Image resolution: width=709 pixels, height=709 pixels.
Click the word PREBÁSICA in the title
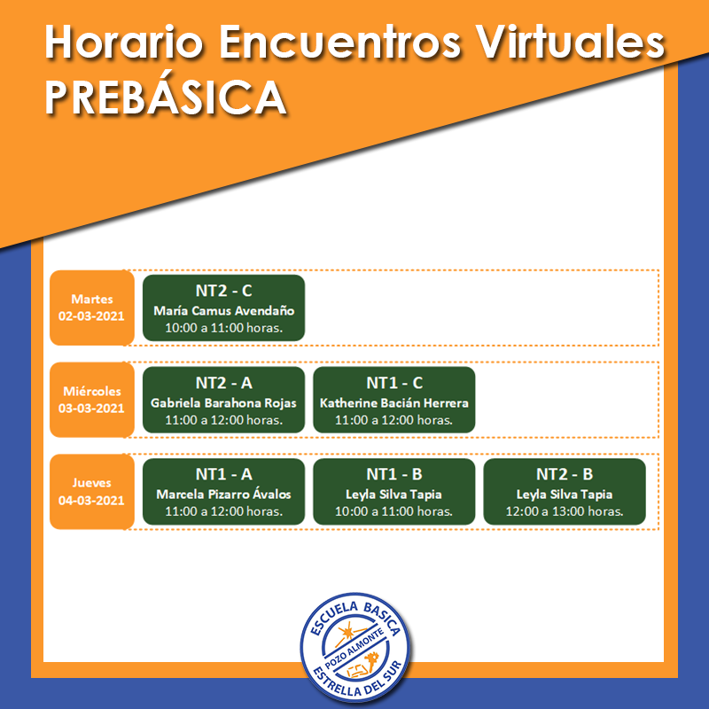[x=166, y=97]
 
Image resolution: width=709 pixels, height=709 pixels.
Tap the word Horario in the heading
[x=124, y=42]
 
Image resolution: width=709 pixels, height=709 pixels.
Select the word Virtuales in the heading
[x=570, y=42]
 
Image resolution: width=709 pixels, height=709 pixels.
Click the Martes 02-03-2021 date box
[x=92, y=308]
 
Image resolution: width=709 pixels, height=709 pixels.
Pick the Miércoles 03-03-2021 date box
[x=92, y=400]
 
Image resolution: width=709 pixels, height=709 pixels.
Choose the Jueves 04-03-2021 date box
[x=92, y=492]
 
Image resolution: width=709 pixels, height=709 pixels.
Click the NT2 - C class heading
[x=224, y=291]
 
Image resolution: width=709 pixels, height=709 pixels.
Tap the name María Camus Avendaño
[x=224, y=311]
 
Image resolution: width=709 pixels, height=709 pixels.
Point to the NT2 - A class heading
[x=224, y=383]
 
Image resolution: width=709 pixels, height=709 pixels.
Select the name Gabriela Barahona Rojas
[x=224, y=403]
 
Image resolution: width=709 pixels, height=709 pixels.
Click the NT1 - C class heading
[x=394, y=383]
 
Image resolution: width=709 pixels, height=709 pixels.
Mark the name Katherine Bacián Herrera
[x=394, y=403]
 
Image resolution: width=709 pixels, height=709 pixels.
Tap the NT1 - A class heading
[x=224, y=474]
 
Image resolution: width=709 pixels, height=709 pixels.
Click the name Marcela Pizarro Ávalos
[x=224, y=495]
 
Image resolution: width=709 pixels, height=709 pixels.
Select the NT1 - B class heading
[x=394, y=474]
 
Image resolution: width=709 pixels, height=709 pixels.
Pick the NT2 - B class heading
[x=565, y=474]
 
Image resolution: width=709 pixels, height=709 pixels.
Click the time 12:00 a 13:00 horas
[x=565, y=511]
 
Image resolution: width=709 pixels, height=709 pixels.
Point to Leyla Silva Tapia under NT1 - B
[x=393, y=495]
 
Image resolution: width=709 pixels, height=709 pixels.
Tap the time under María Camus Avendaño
[x=224, y=328]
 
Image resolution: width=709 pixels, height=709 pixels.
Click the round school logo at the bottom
[x=355, y=647]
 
